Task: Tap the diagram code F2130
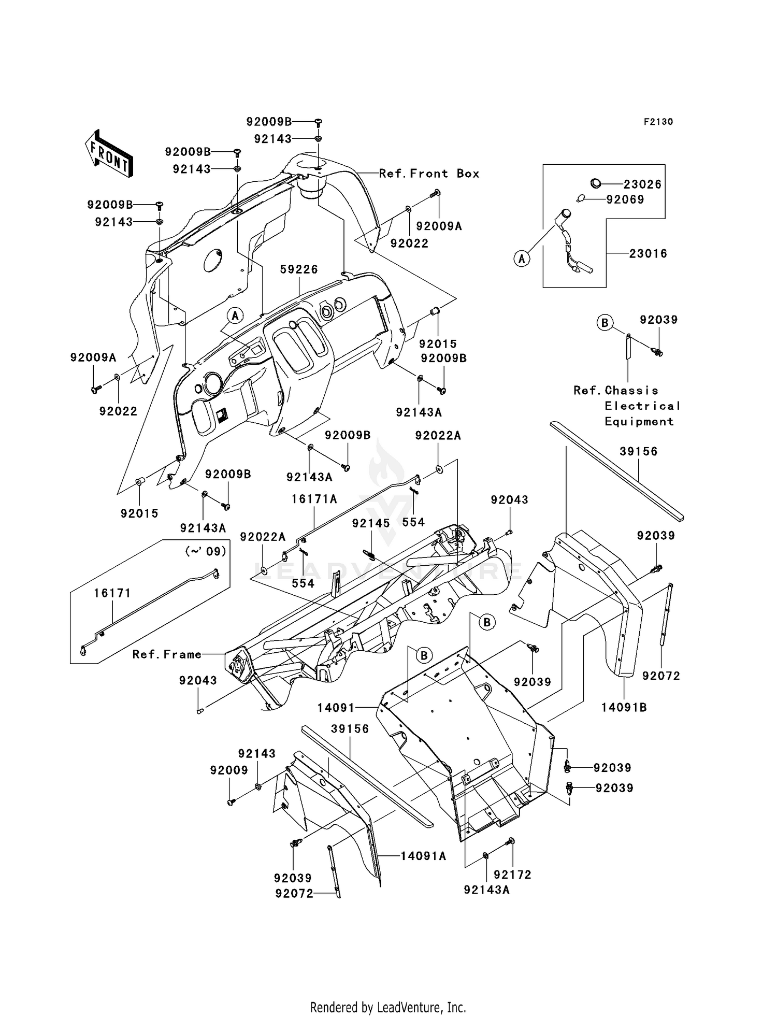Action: [658, 122]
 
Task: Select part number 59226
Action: [299, 269]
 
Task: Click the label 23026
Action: [642, 184]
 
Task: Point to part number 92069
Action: [625, 199]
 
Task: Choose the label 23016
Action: [648, 253]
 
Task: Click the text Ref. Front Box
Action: [429, 174]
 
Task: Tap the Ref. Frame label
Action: [167, 654]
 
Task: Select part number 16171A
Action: [314, 499]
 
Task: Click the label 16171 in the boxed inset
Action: [112, 593]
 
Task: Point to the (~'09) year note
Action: [206, 551]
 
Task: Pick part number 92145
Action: [371, 523]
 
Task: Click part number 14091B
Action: [624, 707]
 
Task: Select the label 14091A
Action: [423, 856]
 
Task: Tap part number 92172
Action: [512, 875]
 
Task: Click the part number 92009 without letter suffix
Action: [229, 770]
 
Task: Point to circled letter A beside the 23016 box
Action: [522, 258]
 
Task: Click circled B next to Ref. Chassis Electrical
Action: [605, 322]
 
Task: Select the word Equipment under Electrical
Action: [639, 422]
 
